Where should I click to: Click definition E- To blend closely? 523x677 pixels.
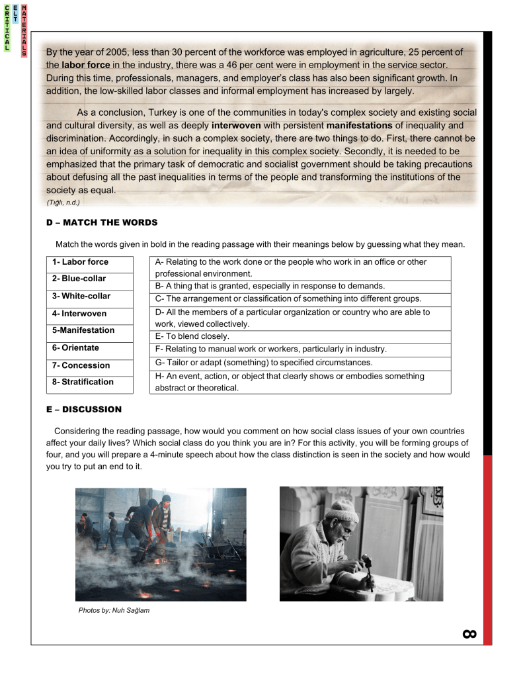tap(192, 336)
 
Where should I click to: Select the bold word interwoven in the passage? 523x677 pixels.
tap(237, 125)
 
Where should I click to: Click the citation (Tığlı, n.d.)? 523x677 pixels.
tap(63, 203)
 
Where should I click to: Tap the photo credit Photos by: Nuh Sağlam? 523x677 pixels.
tap(114, 610)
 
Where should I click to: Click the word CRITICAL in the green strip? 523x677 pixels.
tap(7, 28)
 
